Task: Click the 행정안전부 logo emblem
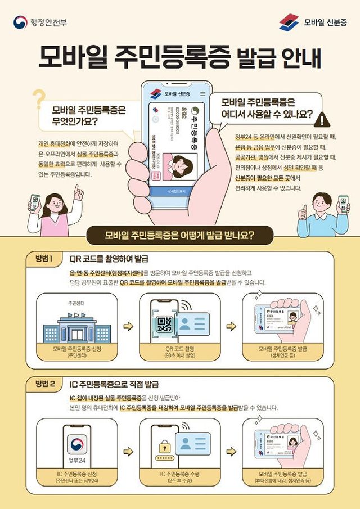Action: pyautogui.click(x=20, y=22)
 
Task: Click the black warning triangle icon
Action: pyautogui.click(x=322, y=119)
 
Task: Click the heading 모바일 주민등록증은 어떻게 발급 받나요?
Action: pyautogui.click(x=179, y=235)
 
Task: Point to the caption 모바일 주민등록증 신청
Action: pyautogui.click(x=77, y=349)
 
